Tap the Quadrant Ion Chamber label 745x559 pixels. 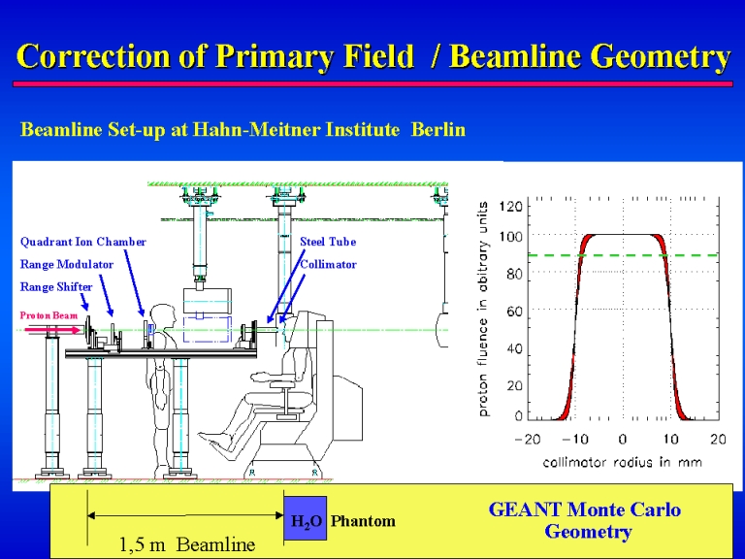pos(83,242)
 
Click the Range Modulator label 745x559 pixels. pos(67,264)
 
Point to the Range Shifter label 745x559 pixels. pos(56,287)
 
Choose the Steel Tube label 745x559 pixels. pos(328,242)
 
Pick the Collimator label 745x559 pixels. pos(328,264)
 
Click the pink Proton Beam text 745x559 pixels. pos(49,315)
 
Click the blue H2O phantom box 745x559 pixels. pos(305,518)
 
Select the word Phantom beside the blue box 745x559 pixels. pos(363,521)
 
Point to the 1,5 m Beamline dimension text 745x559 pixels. pos(186,544)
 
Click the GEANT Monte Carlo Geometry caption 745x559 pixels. pos(585,520)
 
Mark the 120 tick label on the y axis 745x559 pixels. pos(511,207)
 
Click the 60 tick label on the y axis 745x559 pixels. pos(514,312)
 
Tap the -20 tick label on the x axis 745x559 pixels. pos(528,439)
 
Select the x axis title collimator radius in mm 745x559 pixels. pos(623,462)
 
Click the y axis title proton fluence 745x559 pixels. pos(483,309)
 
